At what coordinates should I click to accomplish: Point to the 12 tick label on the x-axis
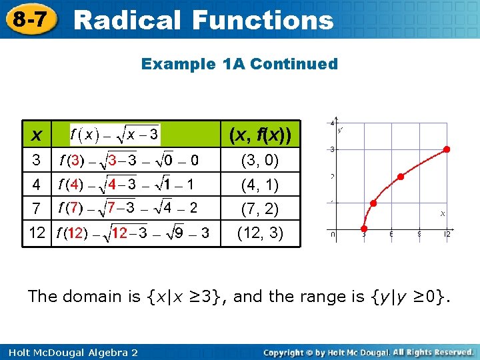pos(447,234)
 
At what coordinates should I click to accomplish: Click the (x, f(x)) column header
pos(260,135)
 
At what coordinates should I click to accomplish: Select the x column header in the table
pos(38,135)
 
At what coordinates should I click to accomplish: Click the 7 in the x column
pos(37,208)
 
